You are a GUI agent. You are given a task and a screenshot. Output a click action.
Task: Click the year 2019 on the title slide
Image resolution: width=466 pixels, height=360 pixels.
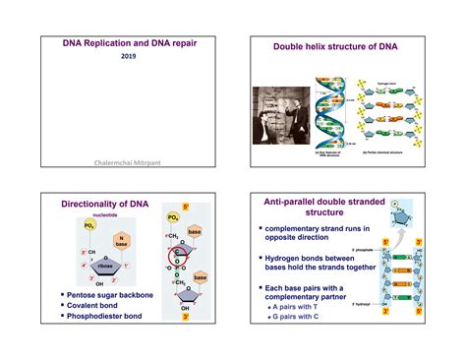(x=128, y=57)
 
